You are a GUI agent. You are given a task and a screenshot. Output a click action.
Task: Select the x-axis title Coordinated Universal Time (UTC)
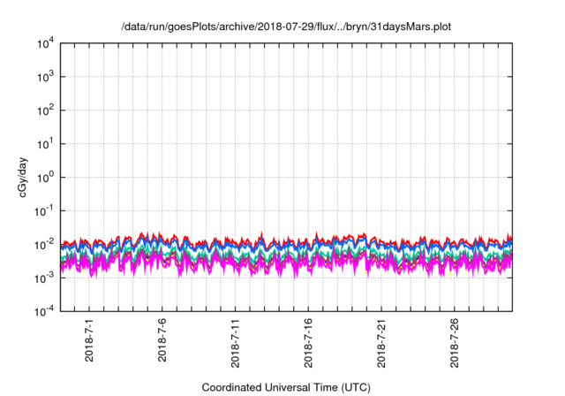coord(286,387)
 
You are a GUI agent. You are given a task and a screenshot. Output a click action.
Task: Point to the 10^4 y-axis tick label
coord(46,44)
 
